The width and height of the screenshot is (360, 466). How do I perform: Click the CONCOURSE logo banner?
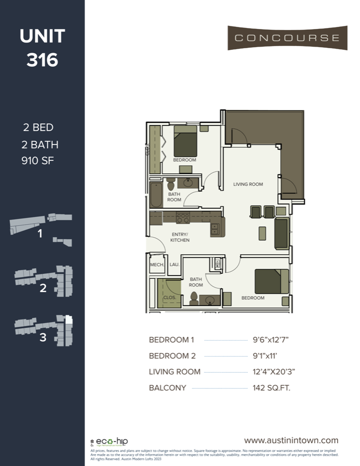(287, 38)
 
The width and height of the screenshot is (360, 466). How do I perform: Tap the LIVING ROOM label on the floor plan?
(248, 184)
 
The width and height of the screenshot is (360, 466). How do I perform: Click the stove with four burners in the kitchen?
(182, 217)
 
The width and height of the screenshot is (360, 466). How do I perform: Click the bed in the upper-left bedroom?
(185, 142)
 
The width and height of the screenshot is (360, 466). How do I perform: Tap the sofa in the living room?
(281, 233)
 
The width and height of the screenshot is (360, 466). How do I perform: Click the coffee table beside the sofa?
(263, 232)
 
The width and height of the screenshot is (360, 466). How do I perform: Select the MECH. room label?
(156, 265)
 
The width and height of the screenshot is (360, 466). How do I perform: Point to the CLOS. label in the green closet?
(169, 298)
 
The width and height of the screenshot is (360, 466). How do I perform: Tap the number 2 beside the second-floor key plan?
(43, 288)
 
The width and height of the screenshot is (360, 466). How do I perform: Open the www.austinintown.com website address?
(291, 440)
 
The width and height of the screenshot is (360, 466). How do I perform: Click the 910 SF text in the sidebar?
(37, 161)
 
